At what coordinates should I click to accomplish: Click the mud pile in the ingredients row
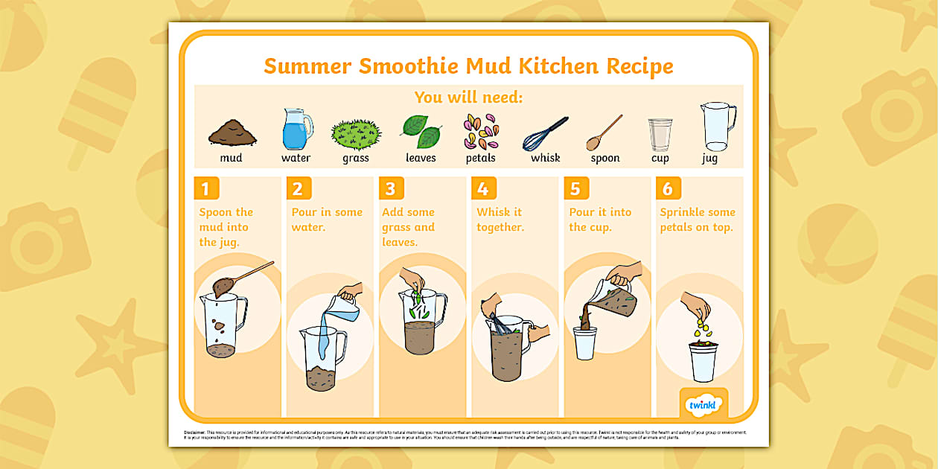tap(232, 133)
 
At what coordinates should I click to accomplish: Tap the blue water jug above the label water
tap(296, 130)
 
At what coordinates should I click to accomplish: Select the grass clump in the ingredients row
tap(356, 135)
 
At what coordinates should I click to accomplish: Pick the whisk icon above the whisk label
tap(545, 134)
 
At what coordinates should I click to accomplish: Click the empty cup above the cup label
tap(660, 135)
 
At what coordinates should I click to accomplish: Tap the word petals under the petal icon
tap(480, 158)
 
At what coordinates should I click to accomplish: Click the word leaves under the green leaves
tap(421, 158)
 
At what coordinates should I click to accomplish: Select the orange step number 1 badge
tap(206, 188)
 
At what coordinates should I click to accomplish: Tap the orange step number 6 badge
tap(668, 188)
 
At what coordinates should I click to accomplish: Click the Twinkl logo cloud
tap(703, 404)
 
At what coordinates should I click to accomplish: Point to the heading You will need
tap(469, 97)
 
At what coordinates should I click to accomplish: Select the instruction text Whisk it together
tap(500, 220)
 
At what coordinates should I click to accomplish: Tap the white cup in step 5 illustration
tap(585, 343)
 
